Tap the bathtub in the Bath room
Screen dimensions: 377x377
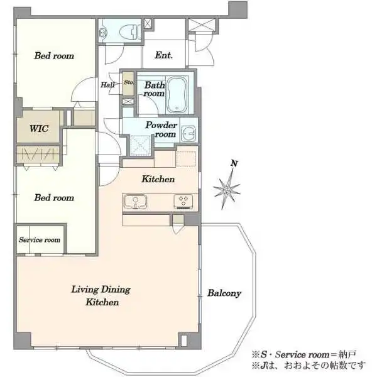point(177,95)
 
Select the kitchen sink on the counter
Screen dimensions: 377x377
point(135,202)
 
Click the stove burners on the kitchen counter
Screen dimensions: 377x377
point(183,202)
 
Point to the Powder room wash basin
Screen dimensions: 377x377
point(188,133)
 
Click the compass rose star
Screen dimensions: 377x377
point(226,189)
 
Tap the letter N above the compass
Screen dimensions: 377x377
point(234,163)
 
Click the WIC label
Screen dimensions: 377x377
point(39,128)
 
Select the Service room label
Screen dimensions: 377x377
point(40,240)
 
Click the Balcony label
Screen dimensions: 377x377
point(224,293)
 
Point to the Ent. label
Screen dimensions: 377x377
point(164,55)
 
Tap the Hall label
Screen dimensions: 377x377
point(107,85)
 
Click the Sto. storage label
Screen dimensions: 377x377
point(129,82)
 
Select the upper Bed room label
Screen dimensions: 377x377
point(54,56)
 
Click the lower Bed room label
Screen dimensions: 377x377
point(54,198)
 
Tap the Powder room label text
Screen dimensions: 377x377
point(161,129)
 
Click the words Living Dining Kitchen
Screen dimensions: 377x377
point(101,295)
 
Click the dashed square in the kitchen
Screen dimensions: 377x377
point(186,159)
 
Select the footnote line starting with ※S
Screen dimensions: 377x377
point(304,354)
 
